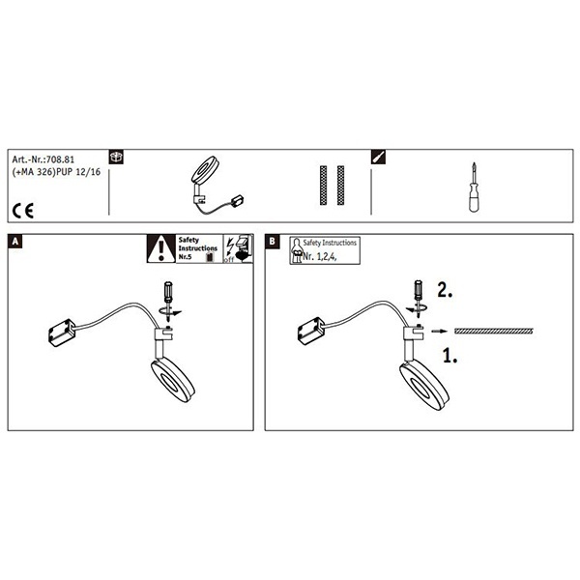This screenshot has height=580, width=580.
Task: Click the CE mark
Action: coord(23,211)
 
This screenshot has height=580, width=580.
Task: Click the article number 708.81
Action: coord(59,159)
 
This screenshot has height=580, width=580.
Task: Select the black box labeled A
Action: coord(14,241)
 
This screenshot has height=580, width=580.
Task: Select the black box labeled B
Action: coord(272,241)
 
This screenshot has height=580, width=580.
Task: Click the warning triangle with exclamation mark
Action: coord(160,248)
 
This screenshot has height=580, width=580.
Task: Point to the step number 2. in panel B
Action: coord(445,290)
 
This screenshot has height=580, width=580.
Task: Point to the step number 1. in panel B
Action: coord(450,356)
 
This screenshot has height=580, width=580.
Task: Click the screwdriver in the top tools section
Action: coord(474,187)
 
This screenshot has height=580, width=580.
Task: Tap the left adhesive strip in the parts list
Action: coord(323,186)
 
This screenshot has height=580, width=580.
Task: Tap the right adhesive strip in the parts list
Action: coord(340,186)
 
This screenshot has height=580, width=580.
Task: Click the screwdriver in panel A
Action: coord(168,301)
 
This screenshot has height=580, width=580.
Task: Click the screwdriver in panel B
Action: coord(419,299)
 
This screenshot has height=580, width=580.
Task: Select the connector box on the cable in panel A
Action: coord(62,333)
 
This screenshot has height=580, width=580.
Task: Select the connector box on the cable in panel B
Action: coord(311,331)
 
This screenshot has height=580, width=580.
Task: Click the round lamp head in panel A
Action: coord(173,380)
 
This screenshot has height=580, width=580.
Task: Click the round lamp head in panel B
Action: coord(424,387)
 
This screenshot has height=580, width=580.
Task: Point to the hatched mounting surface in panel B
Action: coord(493,331)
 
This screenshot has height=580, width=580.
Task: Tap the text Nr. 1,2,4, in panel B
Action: coord(320,257)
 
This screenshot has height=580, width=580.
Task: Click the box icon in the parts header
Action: coord(116,157)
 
